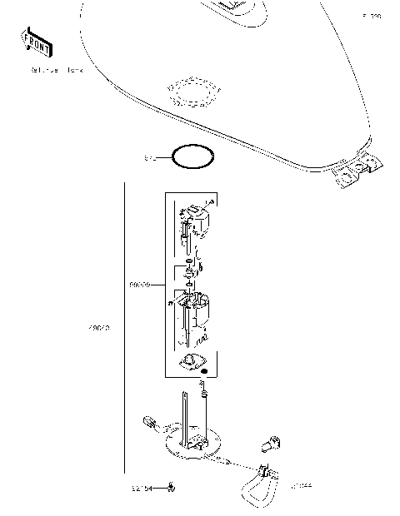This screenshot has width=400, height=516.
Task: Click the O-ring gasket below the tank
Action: pos(192,156)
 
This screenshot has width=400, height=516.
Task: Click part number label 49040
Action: pos(99,328)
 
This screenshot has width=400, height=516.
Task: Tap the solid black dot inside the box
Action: pos(215,369)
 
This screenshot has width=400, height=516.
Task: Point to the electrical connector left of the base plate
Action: pos(152,420)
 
